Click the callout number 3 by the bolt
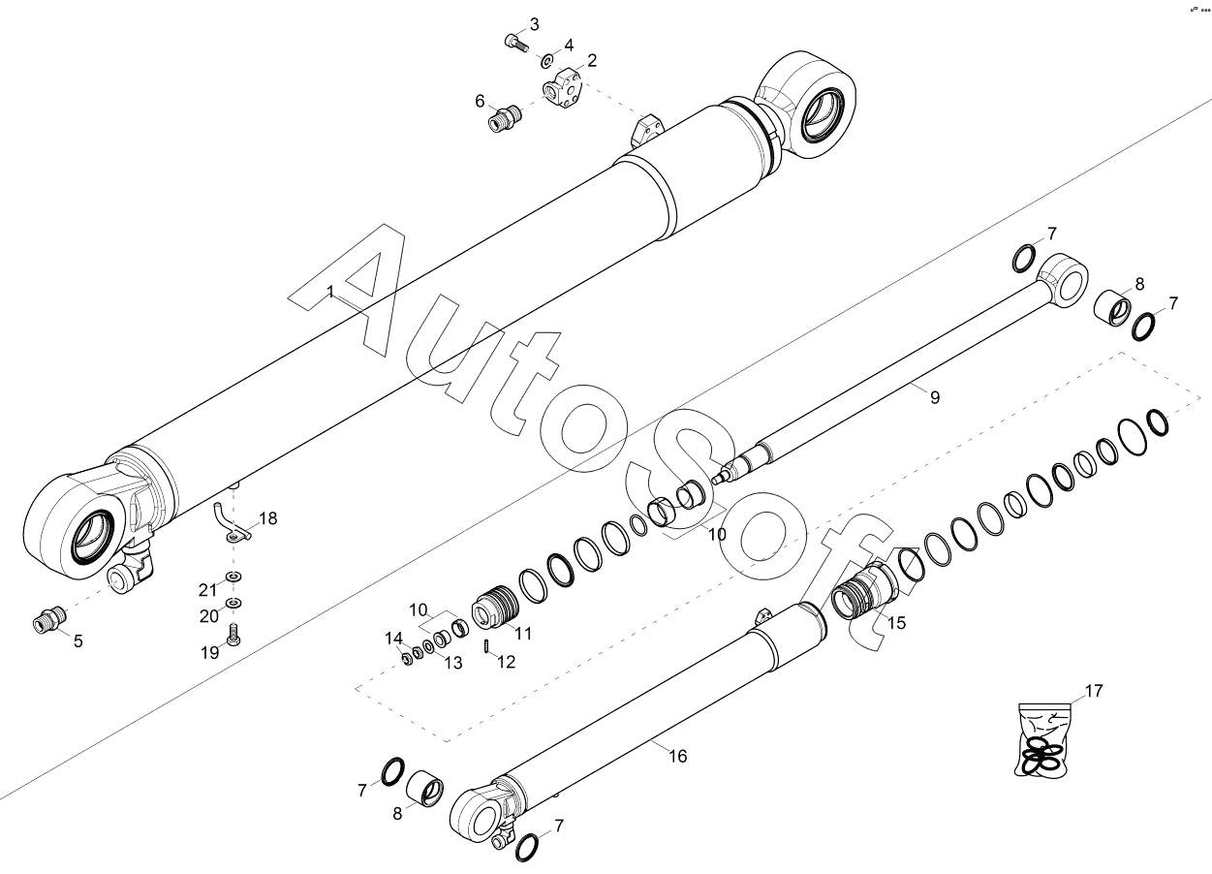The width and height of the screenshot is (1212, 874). tap(534, 24)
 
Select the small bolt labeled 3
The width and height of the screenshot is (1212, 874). tap(515, 43)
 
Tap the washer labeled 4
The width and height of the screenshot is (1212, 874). tap(546, 61)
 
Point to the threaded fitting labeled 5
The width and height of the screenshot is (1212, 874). tap(49, 619)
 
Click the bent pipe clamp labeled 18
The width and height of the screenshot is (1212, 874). tap(231, 524)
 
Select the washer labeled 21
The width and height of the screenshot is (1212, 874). tap(233, 577)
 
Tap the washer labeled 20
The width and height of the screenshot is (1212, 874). tap(233, 603)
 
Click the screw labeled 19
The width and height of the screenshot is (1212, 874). tap(233, 635)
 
